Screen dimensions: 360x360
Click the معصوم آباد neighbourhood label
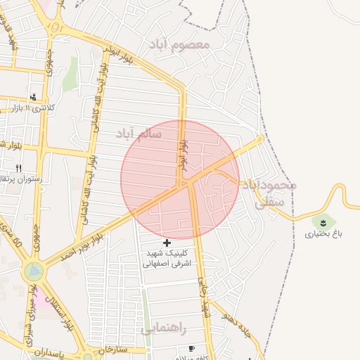179,44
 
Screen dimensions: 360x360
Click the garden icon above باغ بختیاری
321,221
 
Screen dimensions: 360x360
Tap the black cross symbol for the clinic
167,243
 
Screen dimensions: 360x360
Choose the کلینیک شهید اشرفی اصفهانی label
167,258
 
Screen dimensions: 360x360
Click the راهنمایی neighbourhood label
163,328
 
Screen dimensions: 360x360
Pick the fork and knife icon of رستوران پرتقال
19,168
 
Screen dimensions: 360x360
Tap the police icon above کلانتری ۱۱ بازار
33,98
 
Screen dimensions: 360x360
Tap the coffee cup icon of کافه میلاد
192,348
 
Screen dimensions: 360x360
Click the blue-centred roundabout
32,269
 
